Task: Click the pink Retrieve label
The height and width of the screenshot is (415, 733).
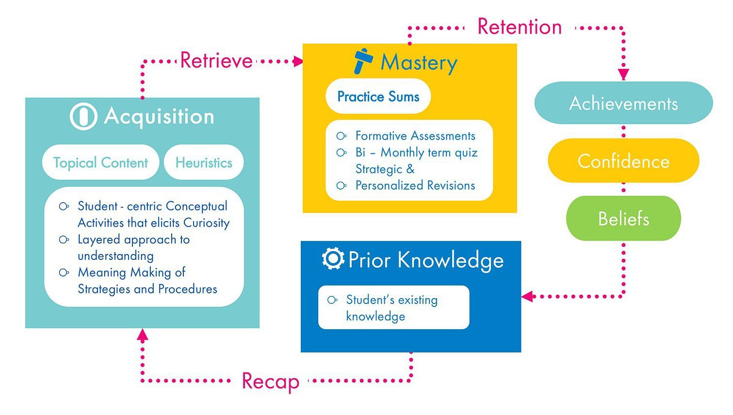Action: (x=216, y=61)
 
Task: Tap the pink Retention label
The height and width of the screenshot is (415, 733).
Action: (x=519, y=27)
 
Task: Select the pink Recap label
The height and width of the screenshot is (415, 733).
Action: (x=270, y=381)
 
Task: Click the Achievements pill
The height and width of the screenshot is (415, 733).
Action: (x=623, y=103)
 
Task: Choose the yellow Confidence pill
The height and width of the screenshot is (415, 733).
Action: (x=623, y=161)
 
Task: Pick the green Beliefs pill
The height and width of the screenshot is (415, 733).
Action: (x=623, y=219)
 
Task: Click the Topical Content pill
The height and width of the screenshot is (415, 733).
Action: (x=100, y=162)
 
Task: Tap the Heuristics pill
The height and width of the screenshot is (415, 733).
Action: (x=204, y=162)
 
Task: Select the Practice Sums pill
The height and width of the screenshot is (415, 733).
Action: (x=378, y=96)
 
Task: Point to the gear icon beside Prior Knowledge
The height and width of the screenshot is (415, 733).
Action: (x=333, y=259)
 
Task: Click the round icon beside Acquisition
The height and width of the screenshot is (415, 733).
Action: (x=83, y=116)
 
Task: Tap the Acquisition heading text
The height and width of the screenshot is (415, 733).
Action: (x=159, y=116)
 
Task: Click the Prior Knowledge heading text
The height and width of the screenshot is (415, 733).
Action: (x=426, y=260)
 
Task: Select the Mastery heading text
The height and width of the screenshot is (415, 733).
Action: (x=419, y=63)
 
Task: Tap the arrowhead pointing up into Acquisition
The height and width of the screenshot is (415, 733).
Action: (x=142, y=335)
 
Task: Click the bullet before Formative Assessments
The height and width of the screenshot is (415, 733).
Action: (x=342, y=136)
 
